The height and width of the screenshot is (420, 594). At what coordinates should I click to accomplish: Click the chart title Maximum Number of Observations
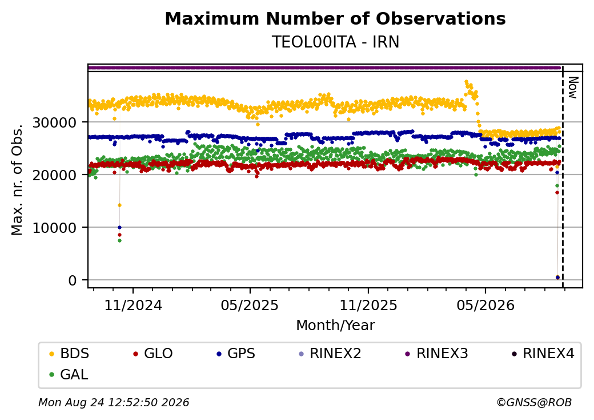[x=335, y=18]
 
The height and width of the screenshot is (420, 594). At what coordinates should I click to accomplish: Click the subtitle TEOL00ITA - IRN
[x=335, y=42]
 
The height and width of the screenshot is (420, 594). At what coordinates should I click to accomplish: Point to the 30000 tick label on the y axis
[x=55, y=122]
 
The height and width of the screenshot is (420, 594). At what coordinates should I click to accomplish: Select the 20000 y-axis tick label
[x=55, y=175]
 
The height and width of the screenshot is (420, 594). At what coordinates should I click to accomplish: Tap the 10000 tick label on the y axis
[x=55, y=228]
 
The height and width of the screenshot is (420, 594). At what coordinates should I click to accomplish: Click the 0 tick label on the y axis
[x=73, y=280]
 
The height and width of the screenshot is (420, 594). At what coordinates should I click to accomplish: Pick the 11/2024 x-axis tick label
[x=133, y=305]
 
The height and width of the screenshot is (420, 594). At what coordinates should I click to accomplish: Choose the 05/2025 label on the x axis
[x=250, y=305]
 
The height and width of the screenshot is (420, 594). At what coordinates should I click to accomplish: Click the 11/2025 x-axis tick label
[x=368, y=305]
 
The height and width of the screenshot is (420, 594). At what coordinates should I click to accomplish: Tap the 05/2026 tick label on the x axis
[x=485, y=305]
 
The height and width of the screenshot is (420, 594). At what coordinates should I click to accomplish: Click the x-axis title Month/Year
[x=335, y=325]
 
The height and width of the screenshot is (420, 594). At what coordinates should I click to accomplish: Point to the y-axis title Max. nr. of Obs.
[x=17, y=180]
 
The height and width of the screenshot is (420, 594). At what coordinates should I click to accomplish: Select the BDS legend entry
[x=69, y=354]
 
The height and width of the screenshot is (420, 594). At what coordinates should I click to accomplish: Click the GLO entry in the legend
[x=153, y=354]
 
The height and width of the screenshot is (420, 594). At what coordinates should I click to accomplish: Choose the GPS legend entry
[x=236, y=354]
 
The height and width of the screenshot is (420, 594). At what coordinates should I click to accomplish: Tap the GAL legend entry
[x=69, y=374]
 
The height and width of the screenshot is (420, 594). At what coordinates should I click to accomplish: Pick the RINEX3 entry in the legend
[x=436, y=354]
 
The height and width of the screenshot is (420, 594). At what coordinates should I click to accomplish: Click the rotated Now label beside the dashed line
[x=573, y=88]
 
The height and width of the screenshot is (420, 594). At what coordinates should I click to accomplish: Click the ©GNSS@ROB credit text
[x=534, y=402]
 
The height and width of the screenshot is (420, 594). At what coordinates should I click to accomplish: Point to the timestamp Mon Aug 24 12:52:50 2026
[x=114, y=402]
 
